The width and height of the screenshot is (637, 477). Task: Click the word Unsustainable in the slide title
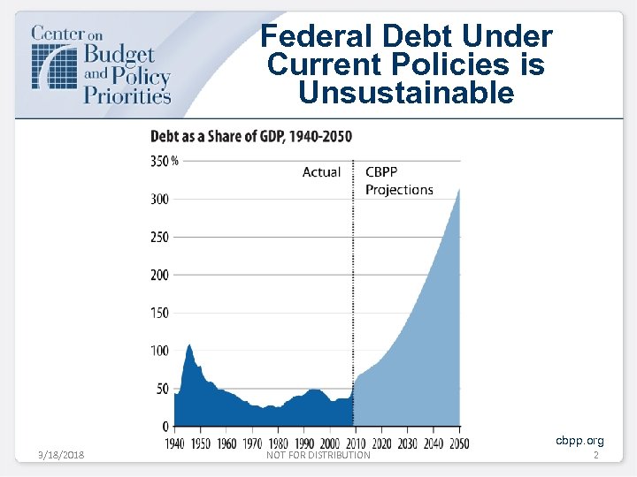406,93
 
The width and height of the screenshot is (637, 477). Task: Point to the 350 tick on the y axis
160,161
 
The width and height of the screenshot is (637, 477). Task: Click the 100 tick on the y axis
159,351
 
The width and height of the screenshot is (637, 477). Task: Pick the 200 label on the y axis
159,275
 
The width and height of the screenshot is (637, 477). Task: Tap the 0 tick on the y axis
165,427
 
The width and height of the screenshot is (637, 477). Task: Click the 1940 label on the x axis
175,443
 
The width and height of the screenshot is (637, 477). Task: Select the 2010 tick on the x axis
355,443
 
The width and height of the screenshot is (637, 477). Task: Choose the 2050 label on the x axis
458,443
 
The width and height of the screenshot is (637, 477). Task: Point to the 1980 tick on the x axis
278,443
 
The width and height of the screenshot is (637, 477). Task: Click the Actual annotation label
321,172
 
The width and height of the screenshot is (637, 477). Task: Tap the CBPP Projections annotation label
398,181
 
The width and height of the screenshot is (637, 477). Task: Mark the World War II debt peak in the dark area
189,344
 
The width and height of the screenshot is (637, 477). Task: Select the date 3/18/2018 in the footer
63,455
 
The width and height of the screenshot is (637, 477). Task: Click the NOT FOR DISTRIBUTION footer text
318,455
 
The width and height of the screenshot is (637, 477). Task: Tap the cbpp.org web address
579,440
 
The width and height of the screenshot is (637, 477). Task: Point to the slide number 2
595,455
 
